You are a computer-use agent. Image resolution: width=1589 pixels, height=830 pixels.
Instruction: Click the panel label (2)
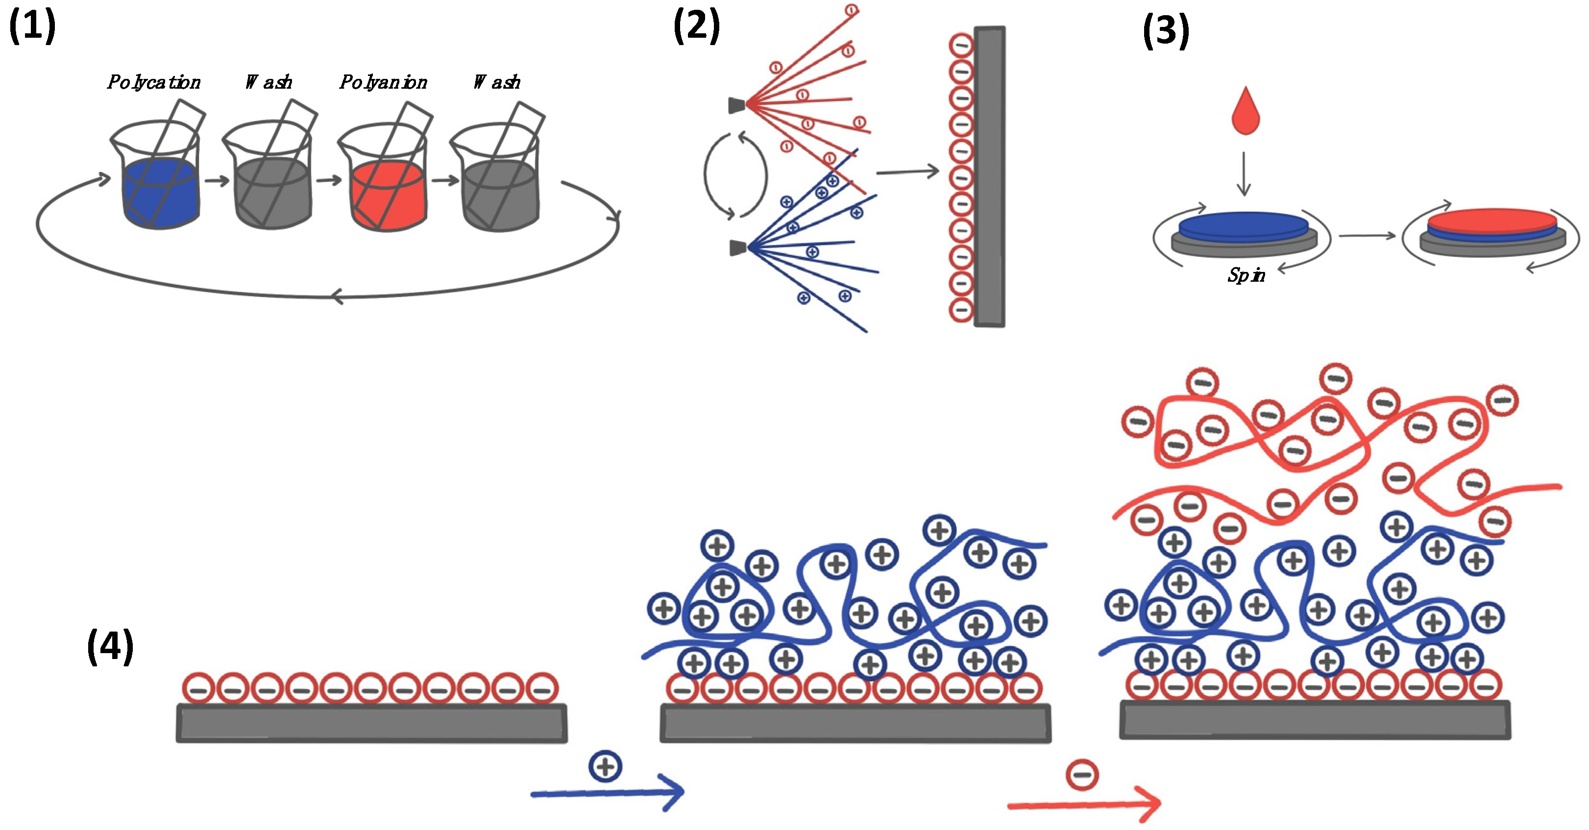[696, 26]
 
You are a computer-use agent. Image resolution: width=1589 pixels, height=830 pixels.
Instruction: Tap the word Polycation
[153, 82]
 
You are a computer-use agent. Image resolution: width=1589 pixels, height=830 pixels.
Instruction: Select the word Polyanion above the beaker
[383, 82]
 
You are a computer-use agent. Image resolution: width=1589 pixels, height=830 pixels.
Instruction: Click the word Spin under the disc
[1246, 275]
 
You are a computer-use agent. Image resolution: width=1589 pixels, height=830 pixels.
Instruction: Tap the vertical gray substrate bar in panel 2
[989, 176]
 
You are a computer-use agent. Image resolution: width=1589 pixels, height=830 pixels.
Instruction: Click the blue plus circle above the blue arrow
[605, 766]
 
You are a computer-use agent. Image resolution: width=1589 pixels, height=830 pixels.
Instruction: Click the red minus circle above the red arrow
[1082, 775]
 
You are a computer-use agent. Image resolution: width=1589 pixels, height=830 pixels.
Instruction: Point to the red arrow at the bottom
[1084, 804]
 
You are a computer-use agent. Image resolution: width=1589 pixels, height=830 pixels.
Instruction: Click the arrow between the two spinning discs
[1367, 235]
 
